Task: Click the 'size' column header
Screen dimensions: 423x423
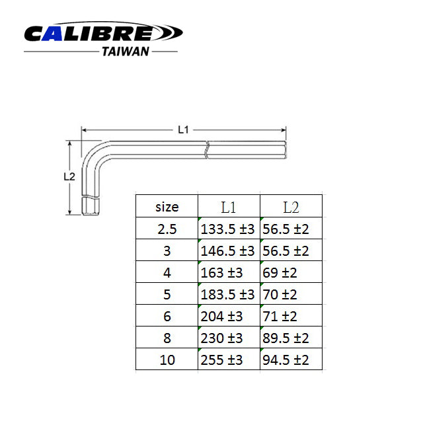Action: tap(167, 207)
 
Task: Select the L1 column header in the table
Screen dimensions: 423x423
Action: tap(229, 207)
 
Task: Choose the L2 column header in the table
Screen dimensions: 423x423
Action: tap(291, 207)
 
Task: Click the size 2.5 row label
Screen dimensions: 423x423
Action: tap(167, 229)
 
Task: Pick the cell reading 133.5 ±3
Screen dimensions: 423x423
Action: tap(227, 229)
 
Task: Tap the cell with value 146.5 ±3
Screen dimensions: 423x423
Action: tap(227, 251)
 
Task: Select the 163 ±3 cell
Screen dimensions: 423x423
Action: tap(221, 273)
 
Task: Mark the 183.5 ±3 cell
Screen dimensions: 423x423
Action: tap(227, 295)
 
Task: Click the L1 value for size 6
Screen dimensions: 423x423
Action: tap(221, 317)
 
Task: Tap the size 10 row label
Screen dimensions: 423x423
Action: tap(167, 360)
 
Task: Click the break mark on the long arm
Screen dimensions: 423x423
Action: tap(207, 149)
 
